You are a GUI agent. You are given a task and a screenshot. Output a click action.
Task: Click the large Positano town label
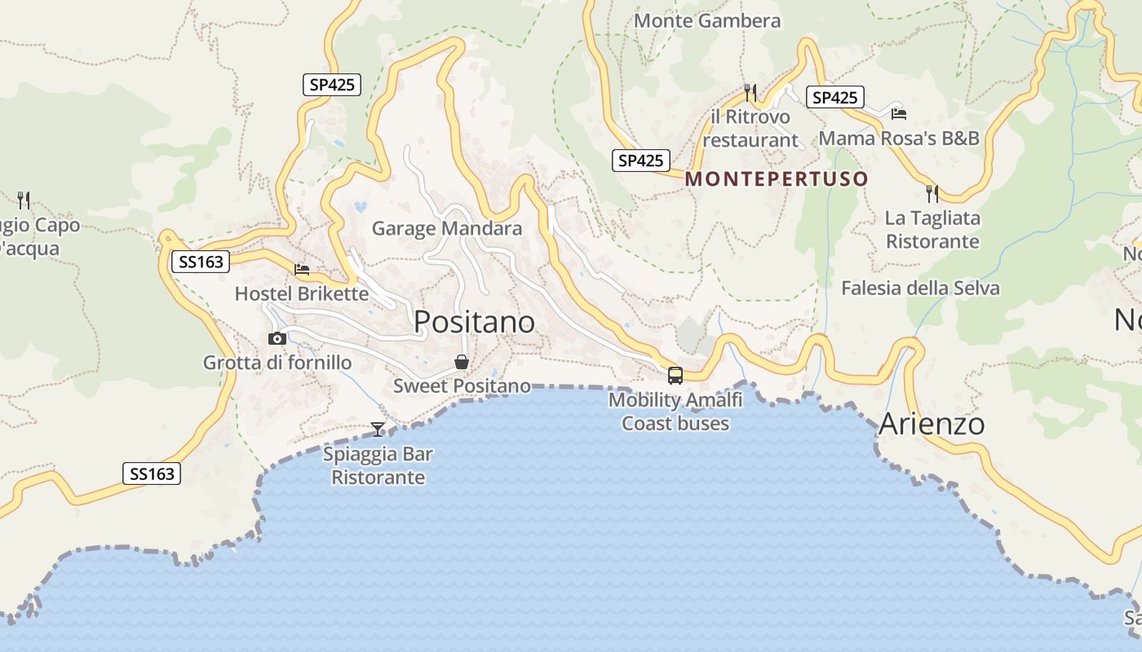(474, 322)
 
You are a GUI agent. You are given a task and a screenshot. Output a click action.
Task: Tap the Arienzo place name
(932, 424)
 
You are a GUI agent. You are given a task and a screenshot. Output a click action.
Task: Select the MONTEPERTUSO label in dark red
(777, 178)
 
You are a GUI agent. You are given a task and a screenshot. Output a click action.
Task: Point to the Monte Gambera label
(707, 21)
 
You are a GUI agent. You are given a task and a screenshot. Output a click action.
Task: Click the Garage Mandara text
(447, 228)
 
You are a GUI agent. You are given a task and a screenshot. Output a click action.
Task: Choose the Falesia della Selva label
(920, 288)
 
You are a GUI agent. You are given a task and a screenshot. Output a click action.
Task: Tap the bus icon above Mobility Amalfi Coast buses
(675, 375)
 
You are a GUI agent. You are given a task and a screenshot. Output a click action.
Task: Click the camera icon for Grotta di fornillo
(277, 338)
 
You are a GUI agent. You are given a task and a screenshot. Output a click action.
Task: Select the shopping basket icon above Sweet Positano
(462, 362)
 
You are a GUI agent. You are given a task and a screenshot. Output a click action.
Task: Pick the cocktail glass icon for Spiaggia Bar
(378, 429)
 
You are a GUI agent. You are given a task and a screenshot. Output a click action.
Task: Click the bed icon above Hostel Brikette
(302, 269)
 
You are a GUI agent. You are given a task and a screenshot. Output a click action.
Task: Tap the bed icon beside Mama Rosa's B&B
(899, 113)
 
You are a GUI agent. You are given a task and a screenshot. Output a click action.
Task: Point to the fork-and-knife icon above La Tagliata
(932, 193)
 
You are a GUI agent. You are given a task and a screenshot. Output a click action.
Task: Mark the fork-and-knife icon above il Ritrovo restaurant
(750, 92)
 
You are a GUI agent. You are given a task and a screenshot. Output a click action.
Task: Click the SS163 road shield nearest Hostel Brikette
(201, 262)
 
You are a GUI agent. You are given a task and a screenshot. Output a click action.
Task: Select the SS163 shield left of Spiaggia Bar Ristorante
(152, 474)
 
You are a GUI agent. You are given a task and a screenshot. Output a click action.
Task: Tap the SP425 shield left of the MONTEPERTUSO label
(641, 161)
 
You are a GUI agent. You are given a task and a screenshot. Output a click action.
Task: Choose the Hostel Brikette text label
(302, 293)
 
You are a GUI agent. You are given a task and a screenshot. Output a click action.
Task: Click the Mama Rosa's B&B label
(899, 138)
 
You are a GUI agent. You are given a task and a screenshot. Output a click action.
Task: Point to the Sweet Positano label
(462, 385)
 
